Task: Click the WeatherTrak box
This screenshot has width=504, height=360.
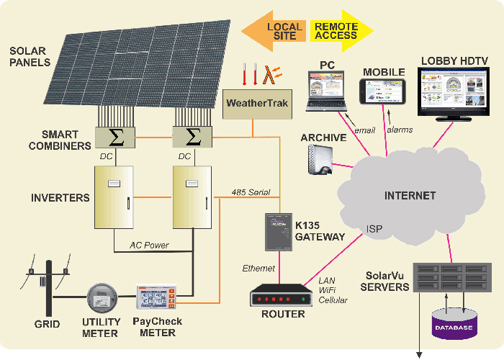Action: (257, 103)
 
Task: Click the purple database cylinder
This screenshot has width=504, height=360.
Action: (453, 325)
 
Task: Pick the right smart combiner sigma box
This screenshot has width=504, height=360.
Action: (192, 137)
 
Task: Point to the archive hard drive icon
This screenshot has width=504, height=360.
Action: (320, 160)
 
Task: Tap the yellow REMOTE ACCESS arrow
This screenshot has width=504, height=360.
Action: (339, 31)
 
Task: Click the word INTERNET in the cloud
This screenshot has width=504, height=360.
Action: (410, 195)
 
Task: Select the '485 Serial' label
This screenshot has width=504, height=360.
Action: (251, 192)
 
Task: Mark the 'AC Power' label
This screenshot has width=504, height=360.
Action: (149, 245)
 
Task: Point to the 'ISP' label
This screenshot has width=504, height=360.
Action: (374, 229)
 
